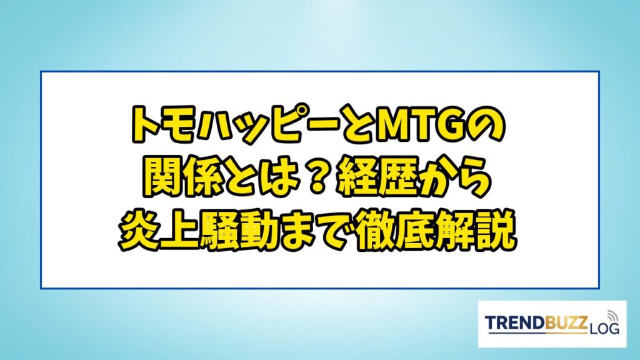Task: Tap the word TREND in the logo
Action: click(x=514, y=322)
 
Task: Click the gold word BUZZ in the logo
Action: click(x=566, y=322)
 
